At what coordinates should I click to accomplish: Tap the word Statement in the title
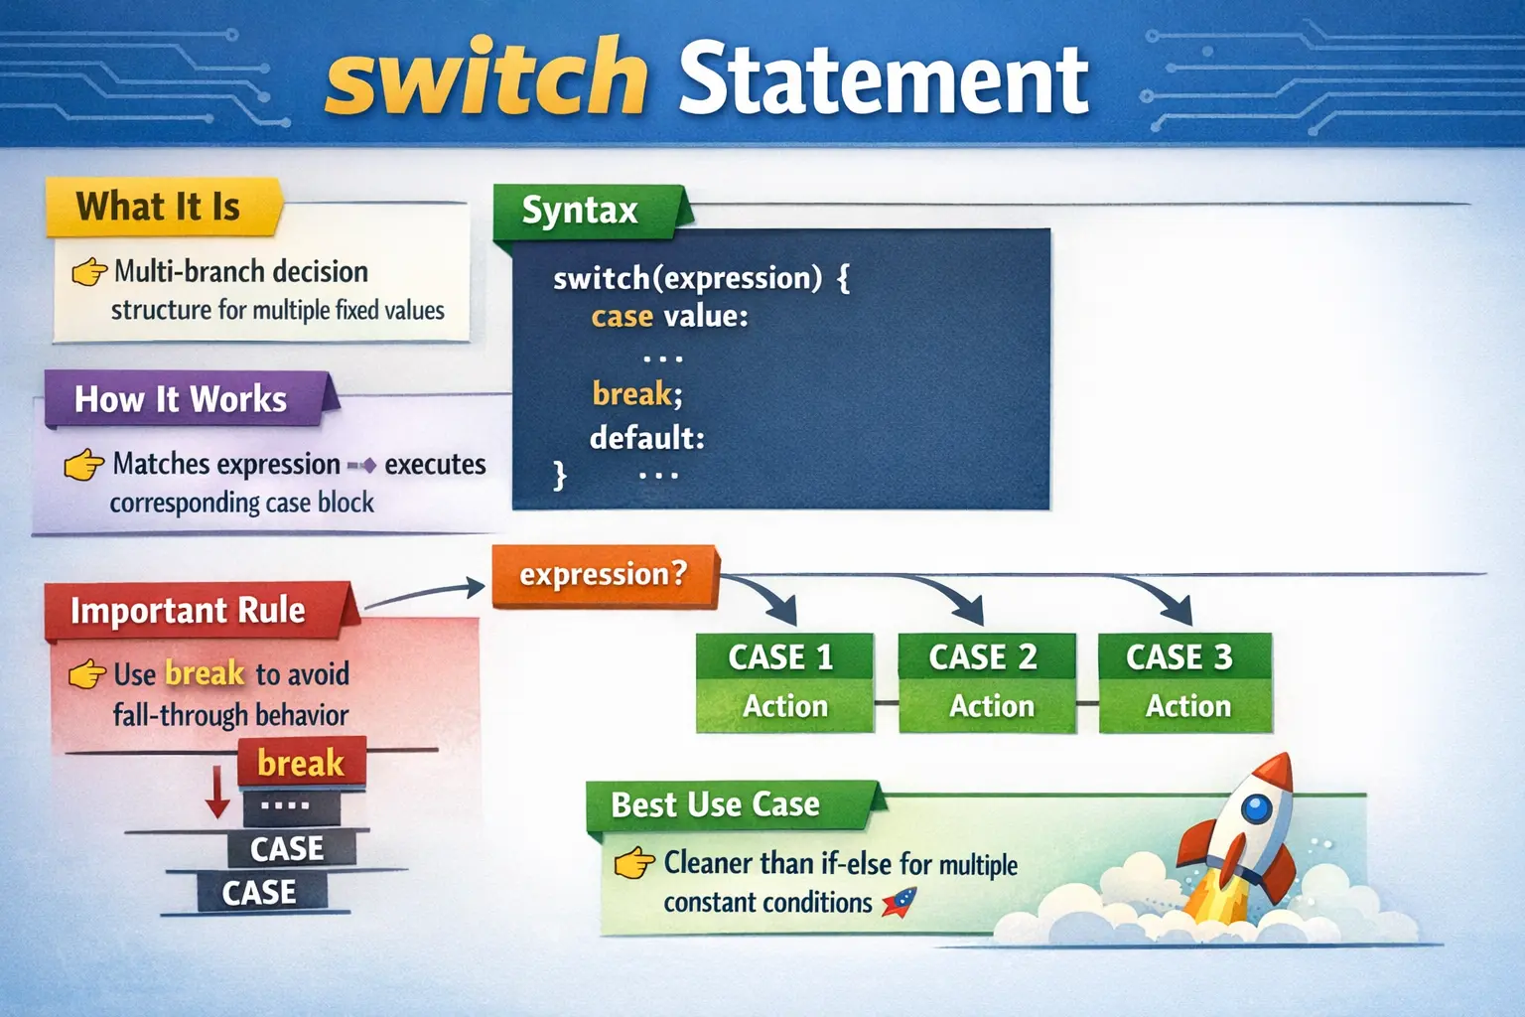coord(884,79)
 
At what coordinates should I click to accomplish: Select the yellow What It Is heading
coord(159,207)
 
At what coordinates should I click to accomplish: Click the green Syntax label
coord(581,211)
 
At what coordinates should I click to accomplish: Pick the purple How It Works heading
coord(181,399)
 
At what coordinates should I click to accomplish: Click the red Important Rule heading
coord(189,610)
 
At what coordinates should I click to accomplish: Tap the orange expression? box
coord(604,575)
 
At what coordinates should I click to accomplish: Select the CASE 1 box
coord(783,681)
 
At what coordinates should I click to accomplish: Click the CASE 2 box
coord(985,681)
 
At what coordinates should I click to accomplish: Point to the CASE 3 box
coord(1183,681)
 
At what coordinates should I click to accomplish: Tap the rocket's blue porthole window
coord(1256,807)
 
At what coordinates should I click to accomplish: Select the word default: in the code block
coord(647,438)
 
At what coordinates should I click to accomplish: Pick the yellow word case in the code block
coord(622,317)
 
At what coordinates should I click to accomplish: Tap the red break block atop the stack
coord(301,763)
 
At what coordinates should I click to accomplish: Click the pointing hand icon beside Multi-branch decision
coord(89,271)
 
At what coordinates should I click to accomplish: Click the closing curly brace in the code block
coord(560,475)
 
